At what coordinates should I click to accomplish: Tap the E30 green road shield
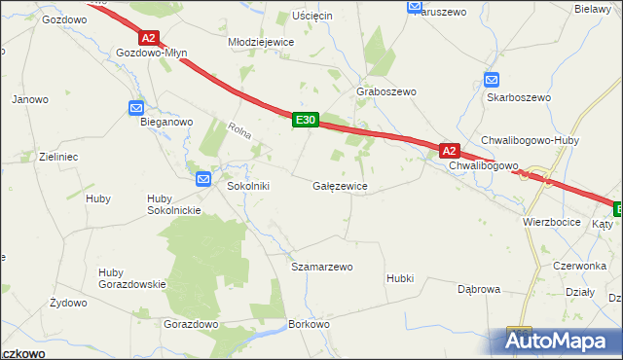point(306,120)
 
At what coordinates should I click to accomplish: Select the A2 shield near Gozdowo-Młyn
point(147,38)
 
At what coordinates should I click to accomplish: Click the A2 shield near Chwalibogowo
point(449,151)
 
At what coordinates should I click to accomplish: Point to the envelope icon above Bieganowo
point(136,108)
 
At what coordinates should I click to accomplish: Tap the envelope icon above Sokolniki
point(203,178)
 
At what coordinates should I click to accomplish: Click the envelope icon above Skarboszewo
point(492,81)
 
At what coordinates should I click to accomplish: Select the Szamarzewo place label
point(322,266)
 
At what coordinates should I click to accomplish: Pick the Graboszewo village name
point(386,91)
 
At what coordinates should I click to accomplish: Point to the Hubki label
point(399,278)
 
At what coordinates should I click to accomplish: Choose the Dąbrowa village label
point(479,289)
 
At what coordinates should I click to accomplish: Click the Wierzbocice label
point(551,222)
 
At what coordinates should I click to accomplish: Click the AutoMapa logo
point(561,342)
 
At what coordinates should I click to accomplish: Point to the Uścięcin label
point(312,17)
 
